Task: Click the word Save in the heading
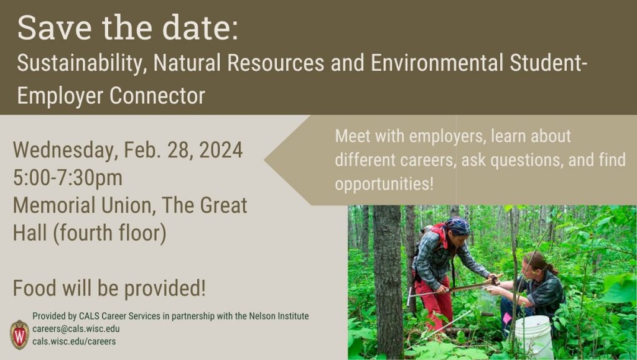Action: pyautogui.click(x=55, y=27)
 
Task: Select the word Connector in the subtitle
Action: pyautogui.click(x=157, y=96)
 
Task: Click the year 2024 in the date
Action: pyautogui.click(x=221, y=150)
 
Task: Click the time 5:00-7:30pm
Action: pyautogui.click(x=68, y=178)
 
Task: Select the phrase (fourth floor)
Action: pyautogui.click(x=109, y=233)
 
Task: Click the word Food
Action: pyautogui.click(x=34, y=288)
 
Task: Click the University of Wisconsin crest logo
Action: pyautogui.click(x=19, y=335)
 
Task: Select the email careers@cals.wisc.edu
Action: pyautogui.click(x=76, y=329)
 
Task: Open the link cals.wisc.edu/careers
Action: pyautogui.click(x=74, y=342)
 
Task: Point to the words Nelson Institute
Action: pyautogui.click(x=279, y=316)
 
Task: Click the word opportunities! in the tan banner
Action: pyautogui.click(x=384, y=184)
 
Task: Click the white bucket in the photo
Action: pyautogui.click(x=533, y=337)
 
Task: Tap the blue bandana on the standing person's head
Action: pyautogui.click(x=458, y=226)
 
